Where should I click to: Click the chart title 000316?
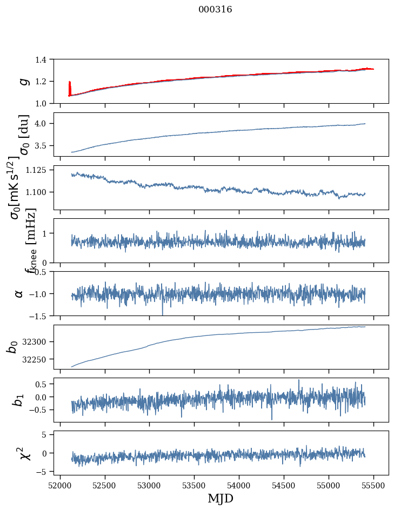coord(215,9)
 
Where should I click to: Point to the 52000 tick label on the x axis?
coord(60,486)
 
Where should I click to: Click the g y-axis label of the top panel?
coord(23,81)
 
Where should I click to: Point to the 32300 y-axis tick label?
coord(40,342)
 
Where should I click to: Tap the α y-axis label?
coord(19,293)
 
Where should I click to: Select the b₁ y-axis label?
coord(19,400)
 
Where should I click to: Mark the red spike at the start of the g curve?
coord(70,88)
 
